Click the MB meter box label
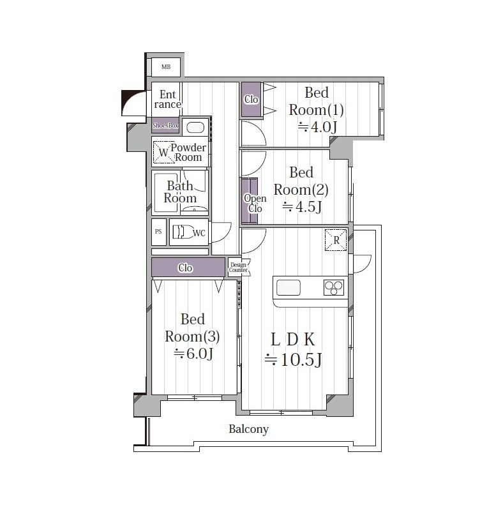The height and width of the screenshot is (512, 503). click(x=166, y=67)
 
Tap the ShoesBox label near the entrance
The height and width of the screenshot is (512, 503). click(x=165, y=125)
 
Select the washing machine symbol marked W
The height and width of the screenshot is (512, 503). click(x=164, y=152)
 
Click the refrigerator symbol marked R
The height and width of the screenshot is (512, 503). click(x=336, y=240)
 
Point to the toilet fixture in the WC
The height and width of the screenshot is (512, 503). click(x=182, y=232)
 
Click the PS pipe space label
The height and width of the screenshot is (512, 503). click(x=158, y=232)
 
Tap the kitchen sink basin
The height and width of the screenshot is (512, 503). click(x=289, y=288)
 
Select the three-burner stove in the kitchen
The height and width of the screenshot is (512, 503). click(x=334, y=288)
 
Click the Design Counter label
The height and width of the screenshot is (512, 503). click(x=238, y=267)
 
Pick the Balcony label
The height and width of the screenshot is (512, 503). click(x=249, y=429)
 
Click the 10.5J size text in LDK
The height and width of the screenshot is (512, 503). click(x=294, y=359)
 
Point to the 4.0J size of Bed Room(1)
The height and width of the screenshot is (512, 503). click(x=317, y=126)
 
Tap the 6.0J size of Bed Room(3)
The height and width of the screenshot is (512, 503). click(x=193, y=353)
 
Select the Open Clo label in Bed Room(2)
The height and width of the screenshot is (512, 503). click(x=255, y=203)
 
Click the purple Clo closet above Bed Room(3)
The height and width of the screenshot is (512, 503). click(x=188, y=267)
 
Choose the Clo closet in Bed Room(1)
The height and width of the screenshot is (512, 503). click(x=251, y=99)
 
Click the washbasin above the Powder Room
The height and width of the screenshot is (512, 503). click(x=195, y=126)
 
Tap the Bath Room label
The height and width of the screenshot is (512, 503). click(x=180, y=192)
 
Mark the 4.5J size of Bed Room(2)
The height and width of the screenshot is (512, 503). click(x=302, y=206)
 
